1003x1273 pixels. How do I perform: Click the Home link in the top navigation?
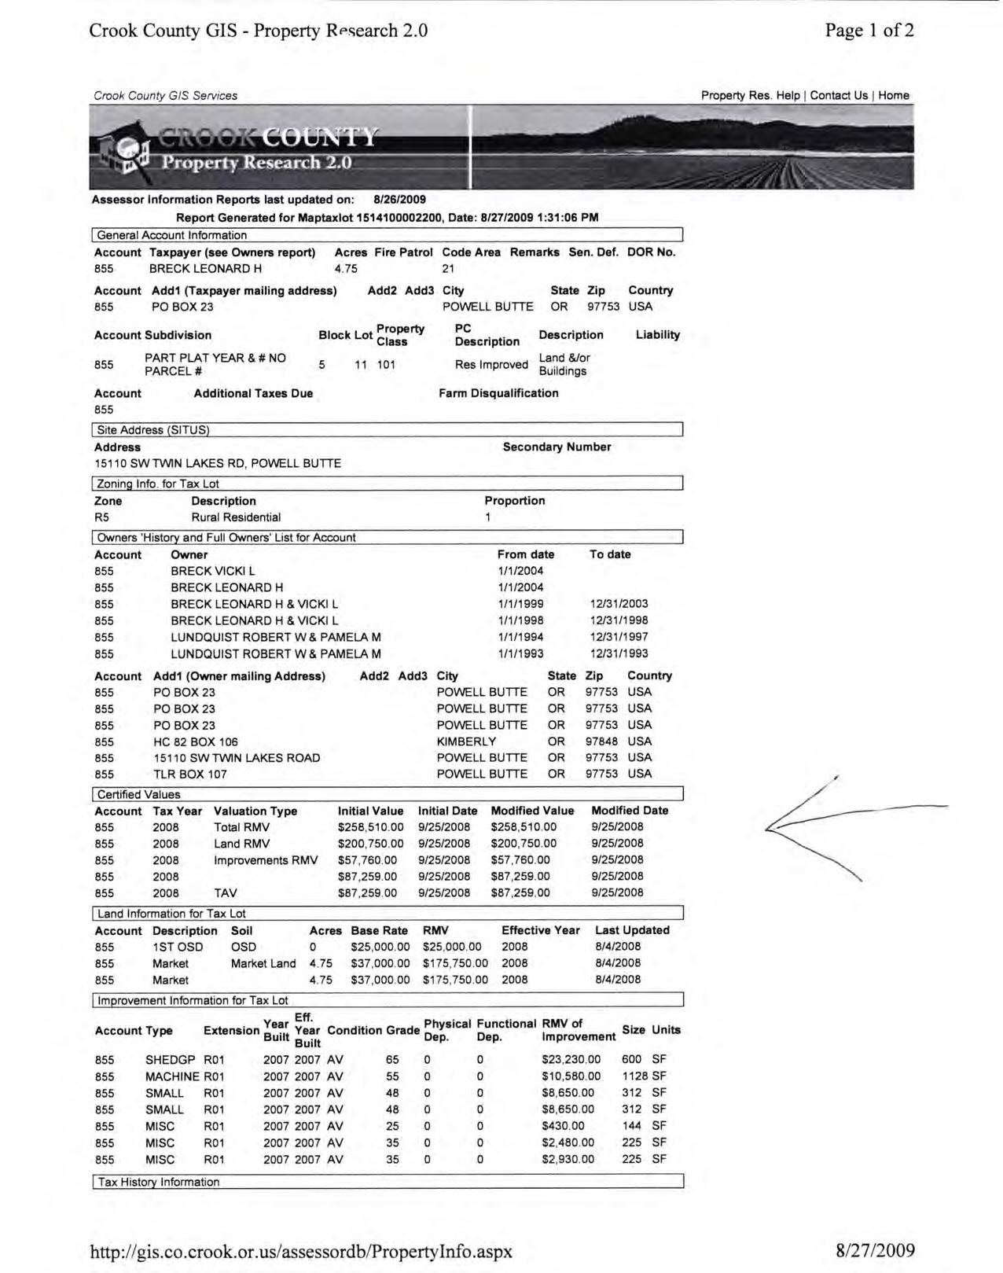coord(894,95)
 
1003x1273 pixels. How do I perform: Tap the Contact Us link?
coord(839,95)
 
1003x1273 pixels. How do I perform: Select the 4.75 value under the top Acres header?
coord(346,268)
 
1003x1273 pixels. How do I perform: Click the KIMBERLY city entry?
coord(466,741)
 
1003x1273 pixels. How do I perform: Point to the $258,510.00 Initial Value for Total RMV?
coord(370,827)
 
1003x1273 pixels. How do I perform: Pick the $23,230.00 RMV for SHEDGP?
coord(571,1059)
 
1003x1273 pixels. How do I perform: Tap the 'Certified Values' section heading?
coord(139,794)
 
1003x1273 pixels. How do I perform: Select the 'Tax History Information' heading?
coord(159,1182)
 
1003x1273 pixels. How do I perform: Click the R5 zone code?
coord(101,517)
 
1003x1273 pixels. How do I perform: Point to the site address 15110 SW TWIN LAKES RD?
coord(218,463)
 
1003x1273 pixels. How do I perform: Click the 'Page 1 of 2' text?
coord(869,31)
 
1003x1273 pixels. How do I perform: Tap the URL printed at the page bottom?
coord(301,1251)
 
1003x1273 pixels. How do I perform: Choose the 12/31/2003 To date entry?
coord(619,604)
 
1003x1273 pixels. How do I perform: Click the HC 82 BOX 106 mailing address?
coord(196,741)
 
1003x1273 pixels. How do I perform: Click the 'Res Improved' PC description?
coord(491,364)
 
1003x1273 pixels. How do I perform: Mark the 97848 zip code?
coord(601,741)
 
